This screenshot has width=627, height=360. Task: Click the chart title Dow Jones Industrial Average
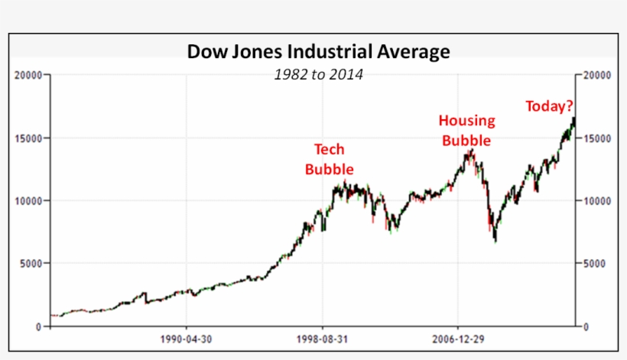319,52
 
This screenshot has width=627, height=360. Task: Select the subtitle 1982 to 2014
319,74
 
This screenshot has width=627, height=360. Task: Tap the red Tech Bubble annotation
330,159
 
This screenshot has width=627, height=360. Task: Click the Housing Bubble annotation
466,130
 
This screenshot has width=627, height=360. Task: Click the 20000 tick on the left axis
29,76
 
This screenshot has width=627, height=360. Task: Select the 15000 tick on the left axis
29,138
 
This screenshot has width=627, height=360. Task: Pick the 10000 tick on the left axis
29,201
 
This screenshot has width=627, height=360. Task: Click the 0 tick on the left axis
40,326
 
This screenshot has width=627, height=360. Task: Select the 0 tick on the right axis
586,326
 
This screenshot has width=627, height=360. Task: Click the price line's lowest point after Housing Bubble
495,242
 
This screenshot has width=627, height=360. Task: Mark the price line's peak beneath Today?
573,118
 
